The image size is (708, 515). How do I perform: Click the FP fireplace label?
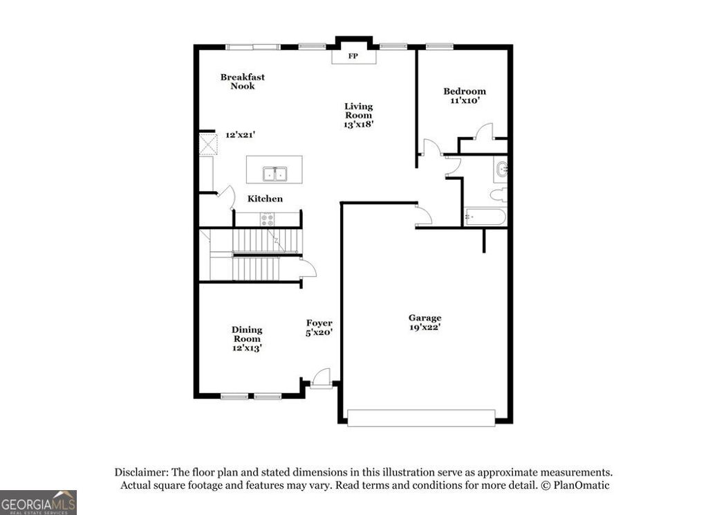[x=353, y=56]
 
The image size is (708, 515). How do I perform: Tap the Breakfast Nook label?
[x=243, y=82]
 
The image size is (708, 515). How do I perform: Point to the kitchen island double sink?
[x=275, y=173]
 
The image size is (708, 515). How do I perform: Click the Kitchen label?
[x=265, y=199]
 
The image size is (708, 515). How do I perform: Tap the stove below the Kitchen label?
[x=267, y=219]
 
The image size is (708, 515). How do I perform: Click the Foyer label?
[x=319, y=323]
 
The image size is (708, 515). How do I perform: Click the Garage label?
[x=425, y=318]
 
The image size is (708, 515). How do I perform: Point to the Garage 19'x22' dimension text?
[x=425, y=327]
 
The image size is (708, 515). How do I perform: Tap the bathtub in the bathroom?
[x=486, y=217]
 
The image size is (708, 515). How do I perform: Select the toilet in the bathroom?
[x=499, y=195]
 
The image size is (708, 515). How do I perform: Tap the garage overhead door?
[x=421, y=417]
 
